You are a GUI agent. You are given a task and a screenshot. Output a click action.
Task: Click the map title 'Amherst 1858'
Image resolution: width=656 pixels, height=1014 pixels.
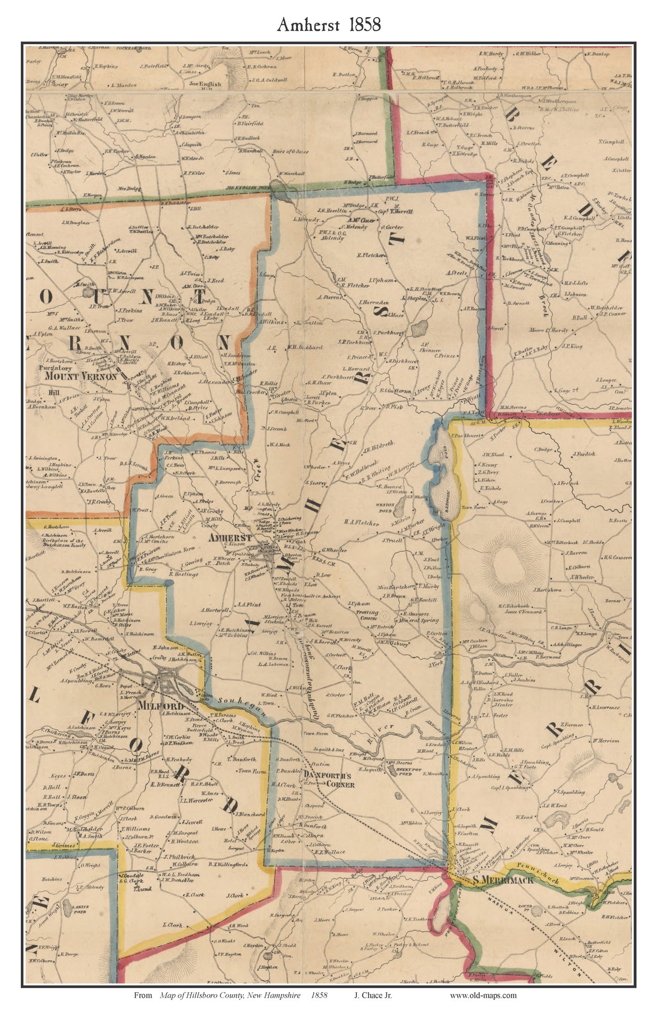[x=329, y=24]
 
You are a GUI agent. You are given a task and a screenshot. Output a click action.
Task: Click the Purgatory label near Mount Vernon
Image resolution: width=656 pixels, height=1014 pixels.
[x=57, y=368]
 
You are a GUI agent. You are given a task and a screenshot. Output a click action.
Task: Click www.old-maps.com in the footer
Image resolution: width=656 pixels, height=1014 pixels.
[x=483, y=995]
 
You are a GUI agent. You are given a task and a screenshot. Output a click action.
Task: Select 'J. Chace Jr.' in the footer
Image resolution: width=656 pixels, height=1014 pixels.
[x=373, y=995]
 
